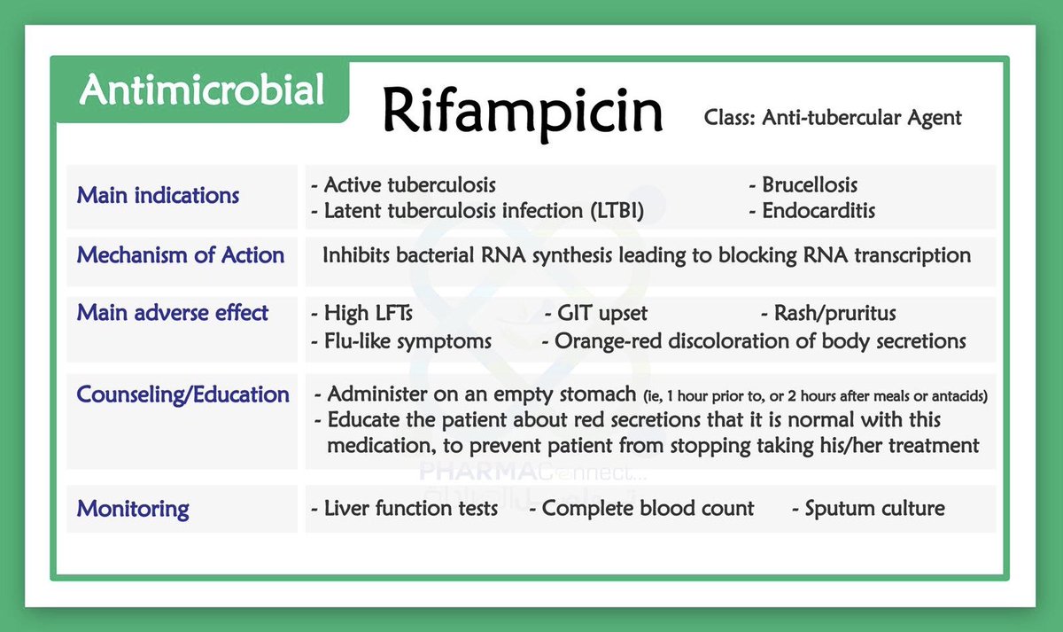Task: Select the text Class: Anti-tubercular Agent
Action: pyautogui.click(x=833, y=117)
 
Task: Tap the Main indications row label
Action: pyautogui.click(x=158, y=195)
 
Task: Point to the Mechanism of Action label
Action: pyautogui.click(x=181, y=255)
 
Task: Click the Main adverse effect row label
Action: pyautogui.click(x=172, y=313)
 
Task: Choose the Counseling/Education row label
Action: pyautogui.click(x=182, y=394)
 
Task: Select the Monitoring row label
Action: pyautogui.click(x=133, y=509)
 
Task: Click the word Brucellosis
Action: pyautogui.click(x=809, y=185)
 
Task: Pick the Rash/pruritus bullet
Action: pyautogui.click(x=834, y=313)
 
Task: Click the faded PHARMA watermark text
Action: pyautogui.click(x=465, y=470)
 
